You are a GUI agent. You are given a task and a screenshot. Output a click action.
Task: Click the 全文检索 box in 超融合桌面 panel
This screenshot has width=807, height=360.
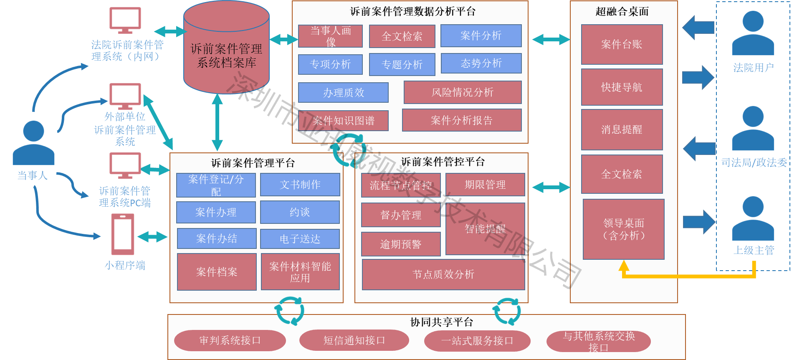(x=622, y=174)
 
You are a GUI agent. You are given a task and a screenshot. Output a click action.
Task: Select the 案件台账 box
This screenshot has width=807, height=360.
(x=622, y=44)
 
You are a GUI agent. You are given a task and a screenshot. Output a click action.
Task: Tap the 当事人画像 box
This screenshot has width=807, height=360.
(x=330, y=36)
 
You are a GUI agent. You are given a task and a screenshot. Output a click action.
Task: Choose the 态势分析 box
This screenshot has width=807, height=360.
(x=481, y=63)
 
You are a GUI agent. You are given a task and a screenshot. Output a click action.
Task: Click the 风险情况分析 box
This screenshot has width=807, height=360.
(x=462, y=92)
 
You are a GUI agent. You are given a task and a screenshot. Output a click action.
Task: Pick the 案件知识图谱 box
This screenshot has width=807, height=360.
(x=343, y=121)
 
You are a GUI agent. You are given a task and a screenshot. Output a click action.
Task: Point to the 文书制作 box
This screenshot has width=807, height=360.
(x=300, y=185)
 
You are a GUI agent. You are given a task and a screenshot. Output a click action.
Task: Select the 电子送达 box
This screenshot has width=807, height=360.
(x=300, y=239)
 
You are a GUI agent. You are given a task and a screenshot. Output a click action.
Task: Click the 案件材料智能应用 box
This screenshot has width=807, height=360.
(x=300, y=272)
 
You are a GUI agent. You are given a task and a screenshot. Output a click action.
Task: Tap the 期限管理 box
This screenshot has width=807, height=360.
(x=485, y=185)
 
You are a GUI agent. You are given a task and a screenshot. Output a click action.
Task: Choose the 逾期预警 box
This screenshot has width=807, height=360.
(x=400, y=244)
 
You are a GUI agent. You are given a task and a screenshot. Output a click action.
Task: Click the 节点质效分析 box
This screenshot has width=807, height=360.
(x=443, y=274)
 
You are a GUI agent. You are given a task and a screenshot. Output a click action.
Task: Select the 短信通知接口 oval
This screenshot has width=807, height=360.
(x=354, y=340)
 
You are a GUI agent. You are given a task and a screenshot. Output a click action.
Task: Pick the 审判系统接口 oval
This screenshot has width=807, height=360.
(x=230, y=340)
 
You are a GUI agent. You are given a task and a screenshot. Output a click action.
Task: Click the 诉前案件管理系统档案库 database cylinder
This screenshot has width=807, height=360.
(x=226, y=50)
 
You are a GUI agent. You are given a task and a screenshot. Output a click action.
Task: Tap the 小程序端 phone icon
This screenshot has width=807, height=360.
(x=123, y=234)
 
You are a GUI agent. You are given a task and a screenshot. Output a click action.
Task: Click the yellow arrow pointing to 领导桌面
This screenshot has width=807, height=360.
(x=689, y=276)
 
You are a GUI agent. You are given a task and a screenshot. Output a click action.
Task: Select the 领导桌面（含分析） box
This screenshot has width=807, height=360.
(x=623, y=229)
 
